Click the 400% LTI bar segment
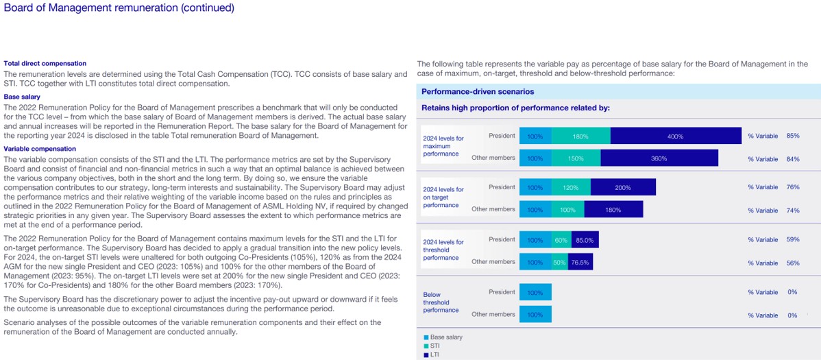[675, 136]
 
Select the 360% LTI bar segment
[659, 158]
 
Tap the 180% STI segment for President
[580, 136]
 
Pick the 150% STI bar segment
[576, 158]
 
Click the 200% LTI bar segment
[622, 187]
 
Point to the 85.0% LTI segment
[585, 240]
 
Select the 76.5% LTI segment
[580, 262]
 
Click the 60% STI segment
[561, 240]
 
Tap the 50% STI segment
[559, 262]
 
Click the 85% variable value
[793, 136]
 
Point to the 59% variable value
[793, 240]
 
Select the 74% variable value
[793, 210]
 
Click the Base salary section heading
[22, 97]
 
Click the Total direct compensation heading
[45, 63]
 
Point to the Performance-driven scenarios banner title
[478, 91]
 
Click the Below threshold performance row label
[441, 302]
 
